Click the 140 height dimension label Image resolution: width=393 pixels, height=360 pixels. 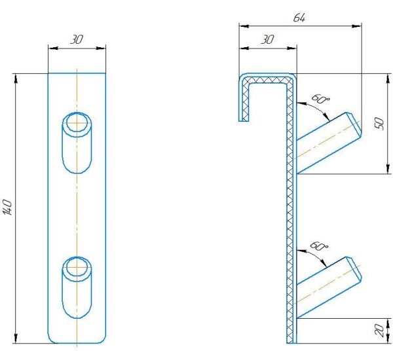tap(7, 207)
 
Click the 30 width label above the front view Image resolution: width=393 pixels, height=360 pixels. tap(77, 39)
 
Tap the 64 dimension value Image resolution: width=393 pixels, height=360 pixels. tap(299, 18)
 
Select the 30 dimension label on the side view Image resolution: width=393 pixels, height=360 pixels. tap(267, 39)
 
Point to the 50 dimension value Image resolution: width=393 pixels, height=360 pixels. tap(380, 124)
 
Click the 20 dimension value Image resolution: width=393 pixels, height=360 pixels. tap(380, 330)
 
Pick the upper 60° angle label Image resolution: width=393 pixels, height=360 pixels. tap(320, 99)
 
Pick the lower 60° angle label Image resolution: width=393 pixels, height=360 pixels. tap(319, 246)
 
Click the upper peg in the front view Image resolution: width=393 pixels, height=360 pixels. tap(77, 143)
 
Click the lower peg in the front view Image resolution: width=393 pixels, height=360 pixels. tap(77, 287)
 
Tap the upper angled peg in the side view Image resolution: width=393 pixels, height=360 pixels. tap(329, 143)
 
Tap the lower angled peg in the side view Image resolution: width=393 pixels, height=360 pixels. tap(329, 287)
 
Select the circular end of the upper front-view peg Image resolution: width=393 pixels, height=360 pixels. tap(77, 123)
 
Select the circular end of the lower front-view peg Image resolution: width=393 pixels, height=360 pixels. tap(77, 267)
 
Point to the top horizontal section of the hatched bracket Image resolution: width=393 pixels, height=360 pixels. tap(268, 79)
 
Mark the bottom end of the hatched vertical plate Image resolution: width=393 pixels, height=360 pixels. tap(291, 343)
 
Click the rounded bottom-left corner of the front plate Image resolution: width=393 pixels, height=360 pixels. tap(50, 340)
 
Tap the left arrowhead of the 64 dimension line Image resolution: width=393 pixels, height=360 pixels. tap(244, 26)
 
